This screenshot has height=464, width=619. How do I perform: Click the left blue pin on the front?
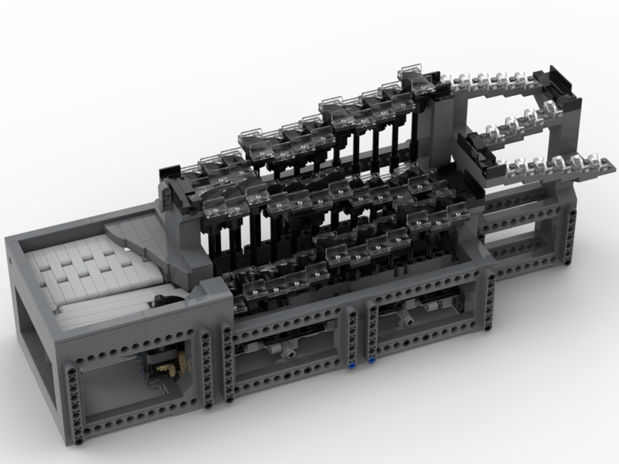[x=353, y=366]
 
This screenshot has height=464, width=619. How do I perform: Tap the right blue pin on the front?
[x=371, y=360]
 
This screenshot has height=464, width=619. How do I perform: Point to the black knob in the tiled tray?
[x=162, y=301]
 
